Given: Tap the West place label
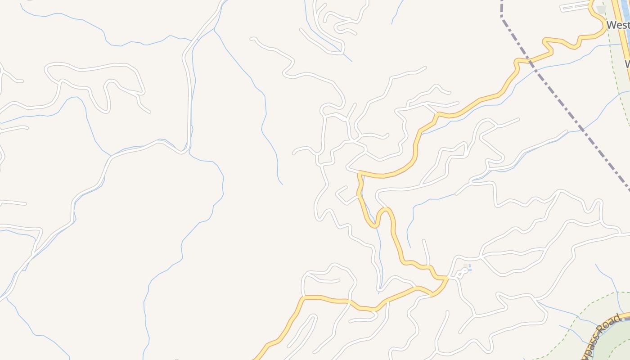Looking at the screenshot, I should (x=617, y=25).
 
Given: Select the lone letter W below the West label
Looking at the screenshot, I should (x=627, y=64).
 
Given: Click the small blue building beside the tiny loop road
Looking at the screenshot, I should (x=469, y=267).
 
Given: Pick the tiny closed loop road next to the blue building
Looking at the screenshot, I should (x=462, y=272).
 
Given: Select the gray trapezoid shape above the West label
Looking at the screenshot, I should (x=601, y=9).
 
